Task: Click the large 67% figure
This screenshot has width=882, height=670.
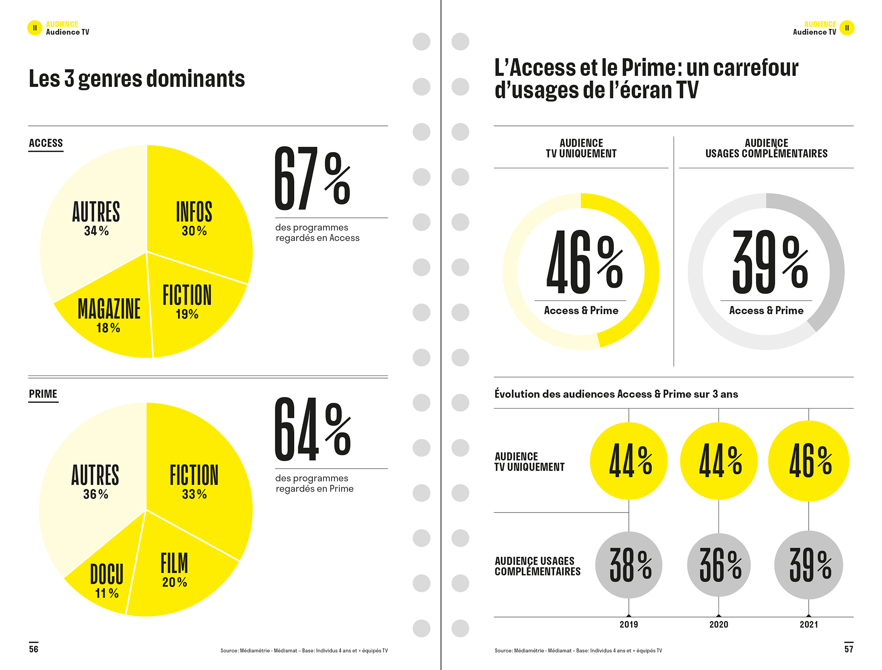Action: click(312, 179)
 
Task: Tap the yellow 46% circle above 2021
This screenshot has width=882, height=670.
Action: click(809, 461)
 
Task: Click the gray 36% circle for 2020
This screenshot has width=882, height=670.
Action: click(719, 565)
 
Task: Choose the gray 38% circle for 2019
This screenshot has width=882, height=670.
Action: click(629, 565)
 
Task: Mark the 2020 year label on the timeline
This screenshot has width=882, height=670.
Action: click(719, 625)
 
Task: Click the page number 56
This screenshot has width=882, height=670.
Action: click(34, 649)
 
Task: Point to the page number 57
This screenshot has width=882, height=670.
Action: click(848, 649)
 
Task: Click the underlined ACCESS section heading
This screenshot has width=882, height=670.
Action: click(46, 143)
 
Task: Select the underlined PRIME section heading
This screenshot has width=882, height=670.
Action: click(43, 394)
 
